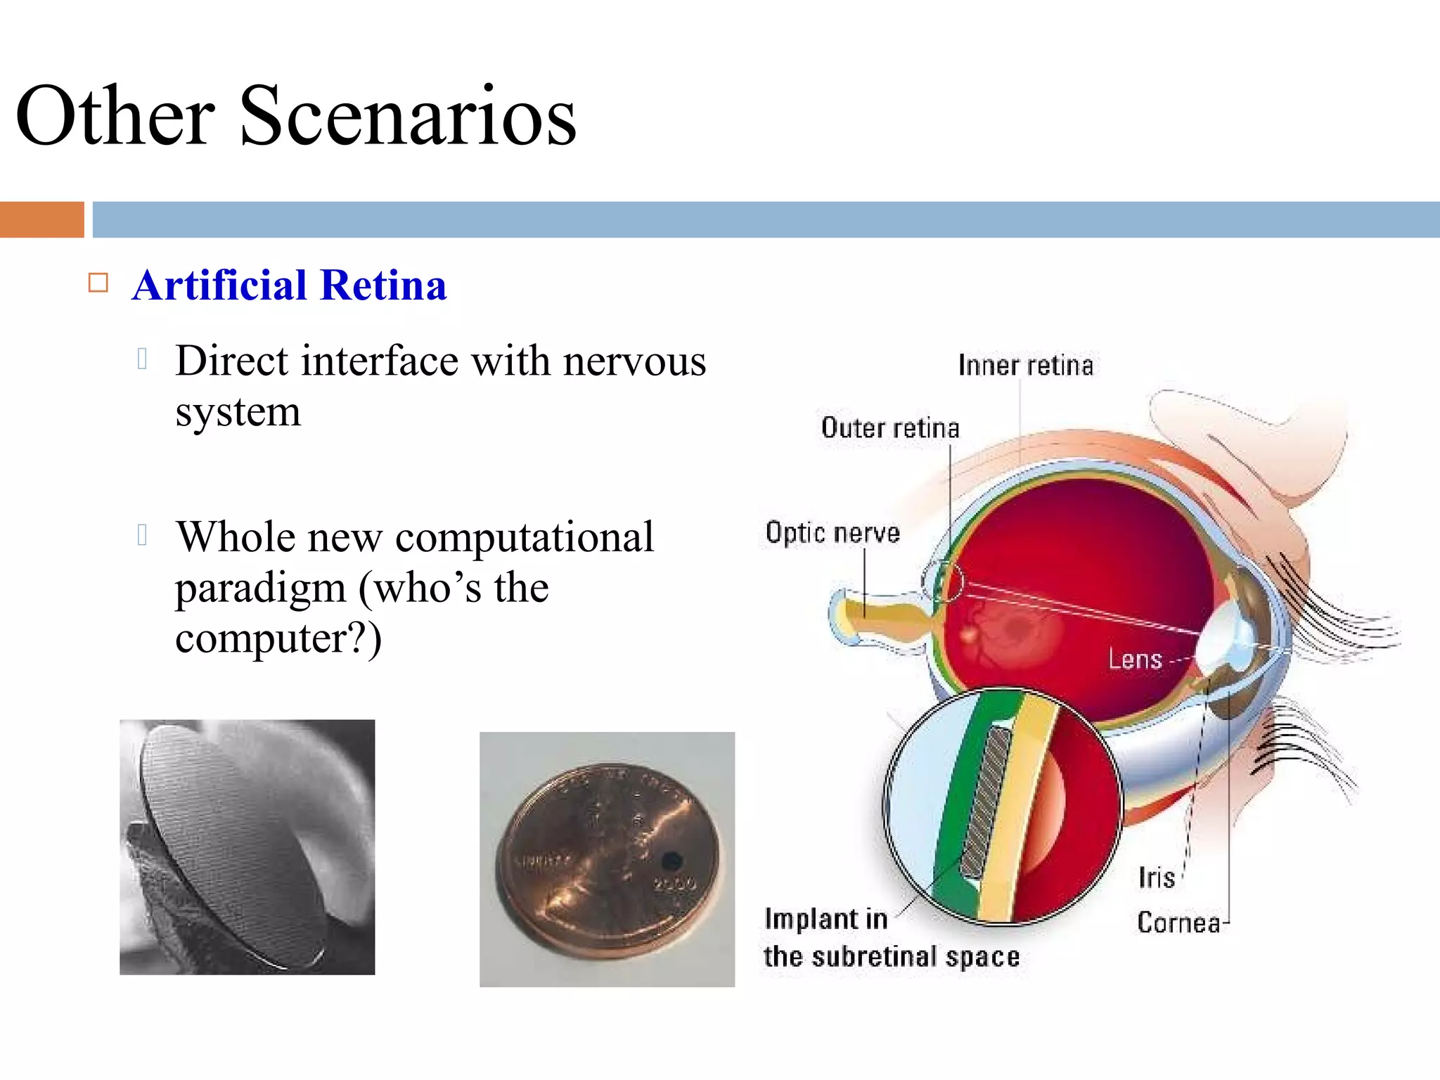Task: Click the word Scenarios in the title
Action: (x=408, y=116)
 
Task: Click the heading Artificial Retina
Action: (x=289, y=285)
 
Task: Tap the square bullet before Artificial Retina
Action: (x=98, y=283)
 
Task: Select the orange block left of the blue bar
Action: (x=41, y=219)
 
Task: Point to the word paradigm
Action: (x=260, y=588)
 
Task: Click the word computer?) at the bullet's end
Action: (x=278, y=638)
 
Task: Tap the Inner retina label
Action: (x=1025, y=366)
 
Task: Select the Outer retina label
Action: (x=890, y=428)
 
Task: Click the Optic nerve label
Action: (x=832, y=533)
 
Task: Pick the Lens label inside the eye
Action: (x=1135, y=660)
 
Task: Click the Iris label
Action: (x=1157, y=877)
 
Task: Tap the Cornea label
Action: (x=1178, y=922)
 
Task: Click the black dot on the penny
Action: (x=671, y=859)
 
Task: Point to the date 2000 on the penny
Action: (x=674, y=883)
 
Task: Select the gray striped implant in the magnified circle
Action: (x=986, y=802)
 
